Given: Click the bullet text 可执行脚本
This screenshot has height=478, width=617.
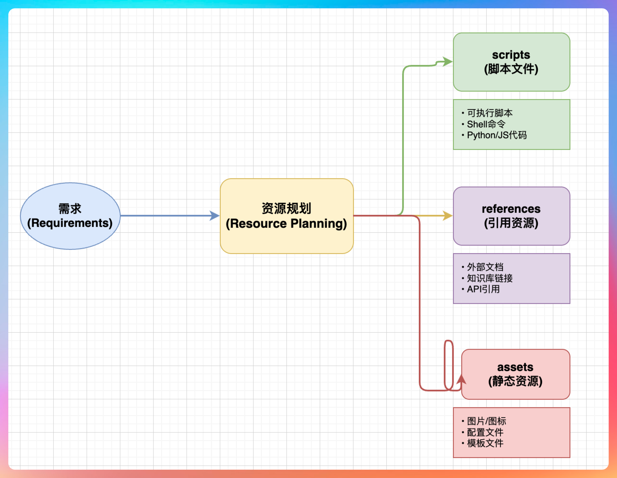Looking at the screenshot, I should tap(490, 113).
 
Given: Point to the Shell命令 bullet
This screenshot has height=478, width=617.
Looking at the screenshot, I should tap(486, 124).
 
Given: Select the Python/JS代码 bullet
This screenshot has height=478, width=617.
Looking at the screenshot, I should tap(497, 135).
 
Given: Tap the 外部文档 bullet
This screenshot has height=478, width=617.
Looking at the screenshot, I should tap(485, 267).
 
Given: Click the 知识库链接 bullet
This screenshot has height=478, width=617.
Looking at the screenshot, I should tap(490, 278).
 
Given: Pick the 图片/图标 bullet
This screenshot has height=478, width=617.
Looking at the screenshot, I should tap(486, 421).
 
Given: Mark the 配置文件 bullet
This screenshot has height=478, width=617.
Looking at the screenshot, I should tap(485, 432).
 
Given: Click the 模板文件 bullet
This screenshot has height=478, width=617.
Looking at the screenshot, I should tap(485, 443).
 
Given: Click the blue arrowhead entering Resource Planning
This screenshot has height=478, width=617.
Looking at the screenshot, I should tap(215, 216).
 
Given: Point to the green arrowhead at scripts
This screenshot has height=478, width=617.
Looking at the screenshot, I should tap(448, 62).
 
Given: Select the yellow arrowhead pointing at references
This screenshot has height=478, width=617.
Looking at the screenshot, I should tap(448, 216).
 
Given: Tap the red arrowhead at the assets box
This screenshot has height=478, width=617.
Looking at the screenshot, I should tap(462, 379).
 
